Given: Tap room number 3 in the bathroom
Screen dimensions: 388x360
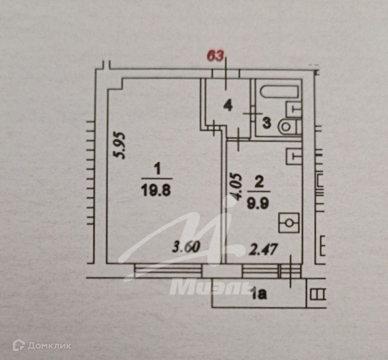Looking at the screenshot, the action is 266,123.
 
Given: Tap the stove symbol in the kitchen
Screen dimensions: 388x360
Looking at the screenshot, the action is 289,224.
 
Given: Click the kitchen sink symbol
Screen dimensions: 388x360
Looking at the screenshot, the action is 293,156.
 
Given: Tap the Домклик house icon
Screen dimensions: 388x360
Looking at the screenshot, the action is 19,346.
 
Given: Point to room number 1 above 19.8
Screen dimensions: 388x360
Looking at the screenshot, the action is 157,167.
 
